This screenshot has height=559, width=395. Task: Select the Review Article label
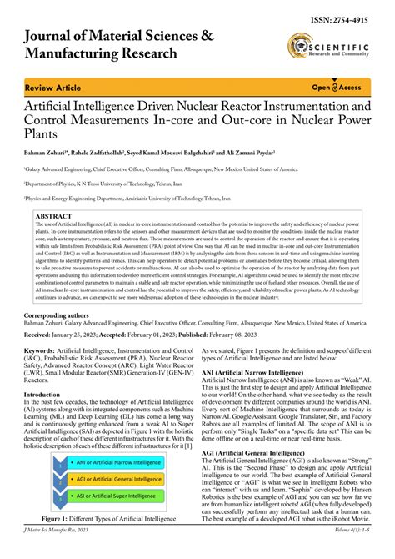point(52,87)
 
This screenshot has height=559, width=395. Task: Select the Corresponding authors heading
point(62,315)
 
